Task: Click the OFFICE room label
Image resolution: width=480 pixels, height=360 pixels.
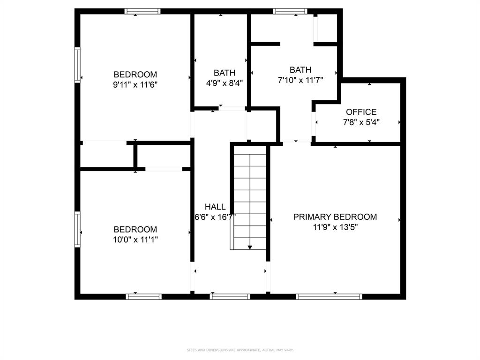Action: click(x=361, y=112)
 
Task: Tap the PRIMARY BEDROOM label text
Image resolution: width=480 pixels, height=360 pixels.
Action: click(x=335, y=217)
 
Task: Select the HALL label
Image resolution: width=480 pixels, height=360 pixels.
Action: click(x=215, y=207)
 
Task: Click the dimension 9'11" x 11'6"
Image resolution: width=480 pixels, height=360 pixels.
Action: click(x=135, y=85)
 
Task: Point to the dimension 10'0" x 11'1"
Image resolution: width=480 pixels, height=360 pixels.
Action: click(x=135, y=240)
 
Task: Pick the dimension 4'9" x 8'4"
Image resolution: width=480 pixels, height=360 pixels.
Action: click(x=225, y=83)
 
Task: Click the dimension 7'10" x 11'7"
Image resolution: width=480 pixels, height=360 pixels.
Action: click(x=300, y=80)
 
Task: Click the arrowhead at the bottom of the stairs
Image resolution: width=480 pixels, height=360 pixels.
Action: click(x=250, y=247)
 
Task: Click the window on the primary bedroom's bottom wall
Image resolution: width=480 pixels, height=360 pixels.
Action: click(x=330, y=296)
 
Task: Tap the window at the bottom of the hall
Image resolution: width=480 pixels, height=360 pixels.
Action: click(x=230, y=296)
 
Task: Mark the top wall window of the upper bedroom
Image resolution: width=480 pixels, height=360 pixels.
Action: click(x=142, y=11)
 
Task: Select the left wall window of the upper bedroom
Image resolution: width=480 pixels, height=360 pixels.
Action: click(x=77, y=65)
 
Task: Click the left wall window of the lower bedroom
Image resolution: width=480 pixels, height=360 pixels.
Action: click(x=77, y=229)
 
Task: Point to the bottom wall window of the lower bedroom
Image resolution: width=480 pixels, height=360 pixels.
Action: click(x=144, y=296)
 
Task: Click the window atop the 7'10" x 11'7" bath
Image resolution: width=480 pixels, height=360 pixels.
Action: click(x=290, y=11)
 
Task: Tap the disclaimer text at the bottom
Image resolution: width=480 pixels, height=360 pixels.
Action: click(x=240, y=350)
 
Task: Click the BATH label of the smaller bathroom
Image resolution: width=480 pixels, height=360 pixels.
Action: click(x=225, y=73)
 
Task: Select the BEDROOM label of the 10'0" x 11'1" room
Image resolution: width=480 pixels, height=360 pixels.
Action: click(x=135, y=230)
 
